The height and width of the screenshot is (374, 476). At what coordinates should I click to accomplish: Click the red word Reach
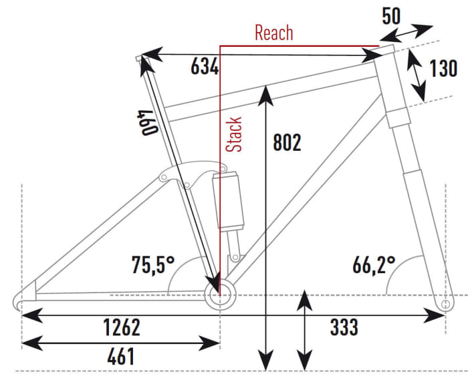274,33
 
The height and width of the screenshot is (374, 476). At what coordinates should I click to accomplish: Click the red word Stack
234,134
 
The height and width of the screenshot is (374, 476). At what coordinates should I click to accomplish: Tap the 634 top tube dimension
205,66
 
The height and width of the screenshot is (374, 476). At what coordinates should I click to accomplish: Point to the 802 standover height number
287,142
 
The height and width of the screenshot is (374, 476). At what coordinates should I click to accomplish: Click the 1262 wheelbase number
122,327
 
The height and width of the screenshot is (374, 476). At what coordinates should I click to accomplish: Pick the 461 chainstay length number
120,356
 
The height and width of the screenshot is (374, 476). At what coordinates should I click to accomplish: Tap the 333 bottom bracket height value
344,327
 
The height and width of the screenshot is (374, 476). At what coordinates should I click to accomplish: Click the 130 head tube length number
443,68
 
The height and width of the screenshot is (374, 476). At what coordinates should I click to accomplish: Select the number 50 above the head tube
391,16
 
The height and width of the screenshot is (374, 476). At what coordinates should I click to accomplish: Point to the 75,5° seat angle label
153,264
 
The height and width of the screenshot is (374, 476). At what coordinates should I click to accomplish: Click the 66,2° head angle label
374,264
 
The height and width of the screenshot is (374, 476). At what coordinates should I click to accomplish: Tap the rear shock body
228,200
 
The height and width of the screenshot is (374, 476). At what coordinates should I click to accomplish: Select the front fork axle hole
445,304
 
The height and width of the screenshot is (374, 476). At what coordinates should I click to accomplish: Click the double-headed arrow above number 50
406,33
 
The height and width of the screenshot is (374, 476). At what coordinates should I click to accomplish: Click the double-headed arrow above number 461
120,343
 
